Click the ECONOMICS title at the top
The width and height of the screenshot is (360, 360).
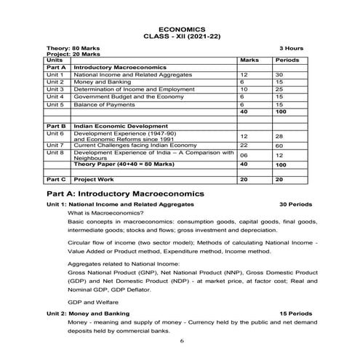[x=180, y=24]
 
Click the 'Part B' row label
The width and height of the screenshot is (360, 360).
[x=56, y=126]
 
